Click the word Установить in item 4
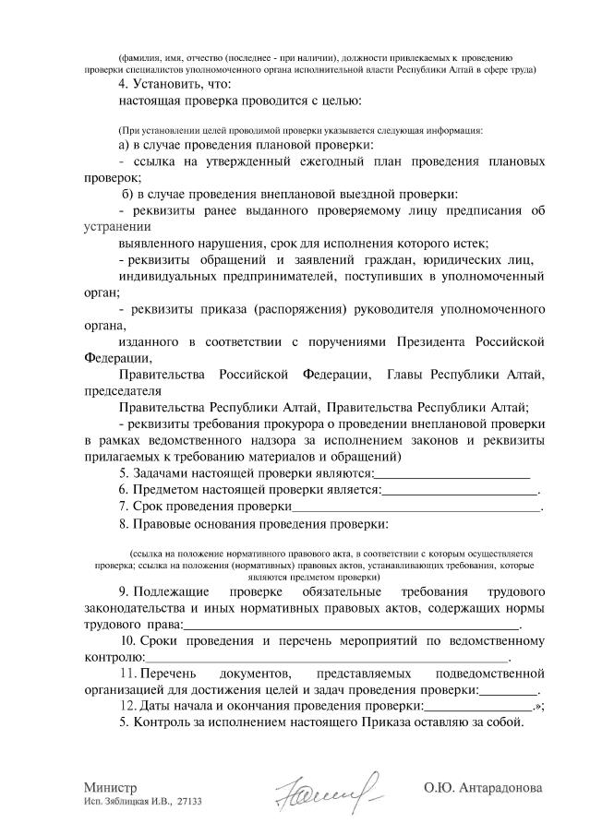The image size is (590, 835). (x=167, y=84)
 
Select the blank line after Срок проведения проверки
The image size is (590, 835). (x=416, y=507)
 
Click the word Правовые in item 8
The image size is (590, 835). (x=164, y=524)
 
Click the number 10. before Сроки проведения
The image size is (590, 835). (x=130, y=640)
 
